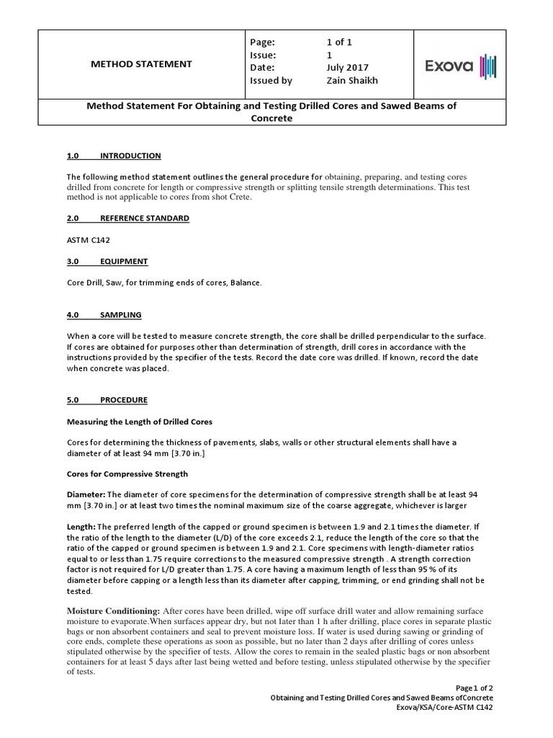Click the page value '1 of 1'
click(340, 42)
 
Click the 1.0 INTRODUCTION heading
click(114, 156)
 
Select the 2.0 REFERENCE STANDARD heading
click(127, 218)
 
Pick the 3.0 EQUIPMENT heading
click(107, 261)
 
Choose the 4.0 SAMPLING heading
click(104, 315)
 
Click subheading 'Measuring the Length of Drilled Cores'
click(140, 421)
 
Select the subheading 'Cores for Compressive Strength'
click(127, 474)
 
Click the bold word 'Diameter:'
click(86, 495)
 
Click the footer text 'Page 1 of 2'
click(472, 688)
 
